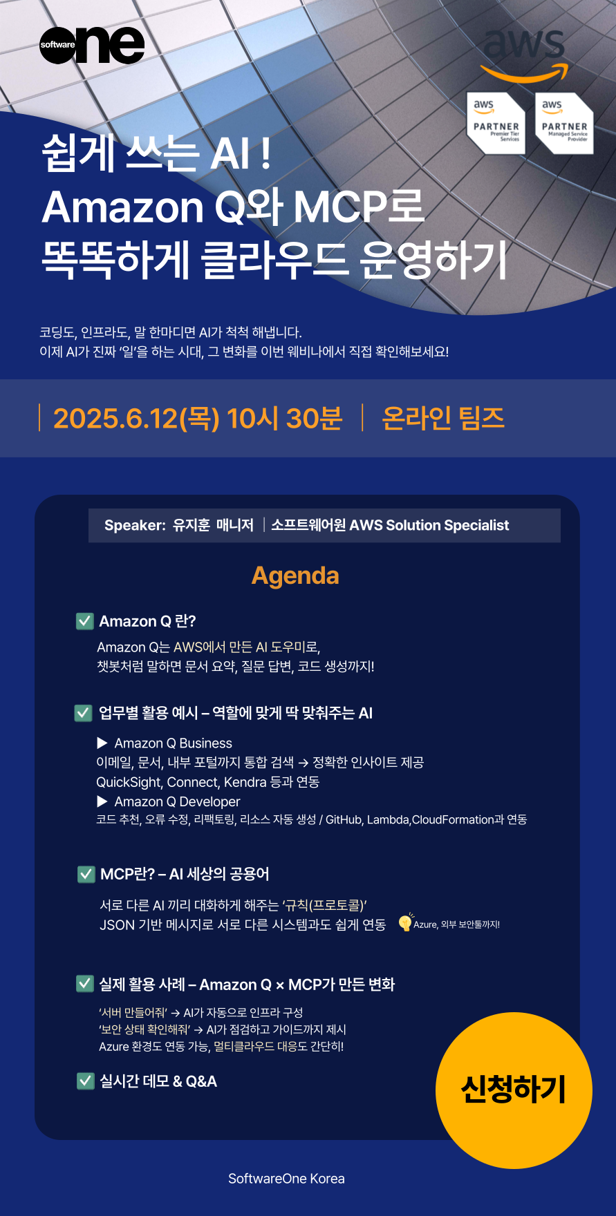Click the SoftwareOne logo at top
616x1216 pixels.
[92, 46]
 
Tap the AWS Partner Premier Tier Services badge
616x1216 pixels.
[496, 123]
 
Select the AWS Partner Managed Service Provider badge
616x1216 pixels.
[564, 123]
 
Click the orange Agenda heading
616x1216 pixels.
[295, 576]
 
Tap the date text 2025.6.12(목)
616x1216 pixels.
[136, 418]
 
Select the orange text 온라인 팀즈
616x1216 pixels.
[443, 418]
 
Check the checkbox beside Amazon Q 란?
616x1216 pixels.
[84, 620]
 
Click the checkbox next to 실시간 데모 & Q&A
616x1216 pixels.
[85, 1081]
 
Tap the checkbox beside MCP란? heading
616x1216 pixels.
[86, 874]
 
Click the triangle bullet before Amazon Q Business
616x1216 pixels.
[102, 743]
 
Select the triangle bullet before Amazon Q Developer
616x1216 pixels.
[102, 801]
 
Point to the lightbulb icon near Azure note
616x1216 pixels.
[405, 922]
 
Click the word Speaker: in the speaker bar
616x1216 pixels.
[135, 525]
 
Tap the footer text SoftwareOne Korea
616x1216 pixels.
[286, 1179]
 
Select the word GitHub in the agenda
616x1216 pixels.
[344, 819]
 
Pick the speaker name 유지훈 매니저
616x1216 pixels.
[213, 525]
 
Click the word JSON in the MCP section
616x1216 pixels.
[117, 924]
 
